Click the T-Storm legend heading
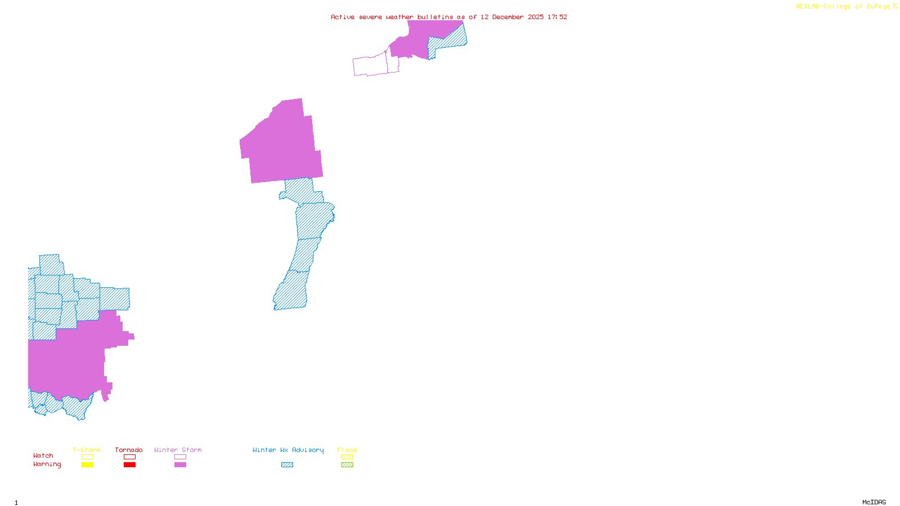point(87,450)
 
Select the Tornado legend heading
point(129,450)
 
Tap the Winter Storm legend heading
point(178,450)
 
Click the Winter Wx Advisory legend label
point(288,450)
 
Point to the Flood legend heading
point(347,450)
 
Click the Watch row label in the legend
point(43,456)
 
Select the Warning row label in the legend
point(47,464)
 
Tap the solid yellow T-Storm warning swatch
point(87,465)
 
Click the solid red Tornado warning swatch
point(129,465)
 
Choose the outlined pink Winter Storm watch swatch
point(180,457)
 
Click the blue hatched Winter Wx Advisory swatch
point(287,465)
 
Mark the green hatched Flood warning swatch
point(347,465)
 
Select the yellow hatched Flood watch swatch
point(347,457)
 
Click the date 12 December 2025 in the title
point(512,17)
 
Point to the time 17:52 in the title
point(557,17)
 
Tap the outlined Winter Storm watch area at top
point(371,66)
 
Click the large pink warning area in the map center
point(281,146)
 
